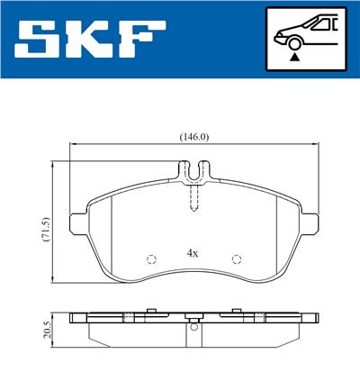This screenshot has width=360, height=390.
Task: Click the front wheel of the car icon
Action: (x=293, y=42)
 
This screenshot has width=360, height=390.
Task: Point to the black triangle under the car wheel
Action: (x=293, y=57)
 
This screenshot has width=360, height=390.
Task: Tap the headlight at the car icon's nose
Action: (x=279, y=36)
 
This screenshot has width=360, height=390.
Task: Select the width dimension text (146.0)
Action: (x=193, y=137)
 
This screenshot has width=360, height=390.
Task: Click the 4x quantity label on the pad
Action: (x=192, y=254)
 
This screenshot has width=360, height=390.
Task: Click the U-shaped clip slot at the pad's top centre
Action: (x=193, y=169)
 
